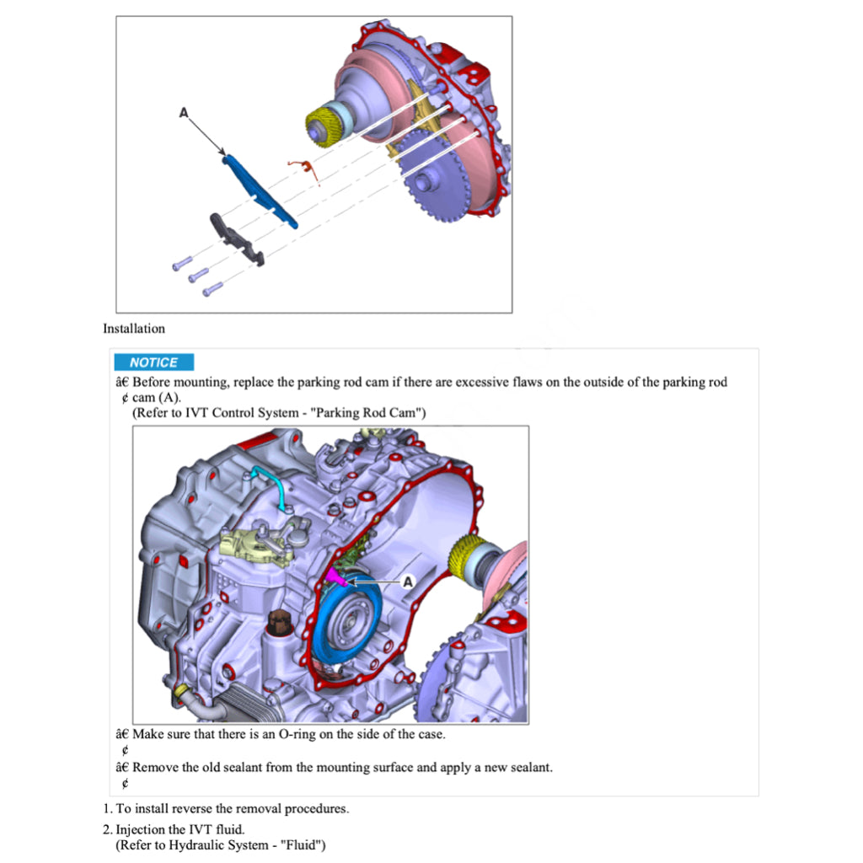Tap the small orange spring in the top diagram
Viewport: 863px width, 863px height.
(308, 169)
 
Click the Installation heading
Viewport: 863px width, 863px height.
(134, 329)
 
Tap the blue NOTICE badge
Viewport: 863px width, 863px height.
(154, 362)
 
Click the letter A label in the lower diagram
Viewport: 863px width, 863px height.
(407, 582)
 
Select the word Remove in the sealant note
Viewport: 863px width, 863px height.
(154, 768)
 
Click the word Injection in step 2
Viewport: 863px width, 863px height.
(142, 830)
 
